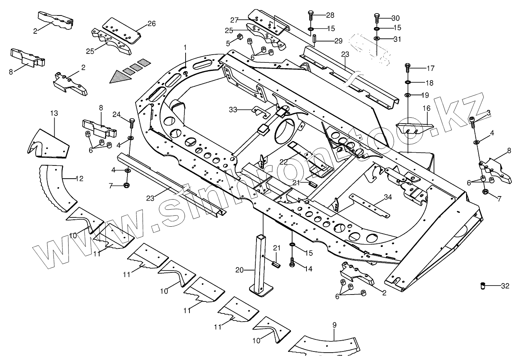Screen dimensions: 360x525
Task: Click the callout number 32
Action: click(x=505, y=286)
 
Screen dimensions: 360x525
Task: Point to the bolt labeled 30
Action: click(x=377, y=18)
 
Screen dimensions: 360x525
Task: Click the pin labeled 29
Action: click(x=315, y=40)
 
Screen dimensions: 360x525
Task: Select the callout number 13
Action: click(x=54, y=113)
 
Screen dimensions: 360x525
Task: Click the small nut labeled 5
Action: click(x=239, y=37)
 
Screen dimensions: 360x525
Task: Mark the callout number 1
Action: click(x=185, y=47)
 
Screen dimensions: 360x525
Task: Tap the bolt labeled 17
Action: click(x=407, y=69)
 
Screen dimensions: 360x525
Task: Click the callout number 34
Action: click(x=388, y=197)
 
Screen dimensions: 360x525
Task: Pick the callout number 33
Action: click(x=233, y=110)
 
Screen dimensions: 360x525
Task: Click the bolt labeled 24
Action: click(x=131, y=123)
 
